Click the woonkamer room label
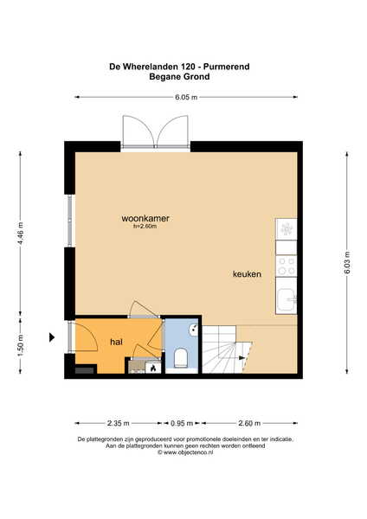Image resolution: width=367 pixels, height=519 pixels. pos(145,218)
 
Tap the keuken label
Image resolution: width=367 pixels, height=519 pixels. pos(247,273)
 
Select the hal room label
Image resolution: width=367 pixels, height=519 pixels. pos(116,342)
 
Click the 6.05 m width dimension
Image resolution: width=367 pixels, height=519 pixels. pos(186,97)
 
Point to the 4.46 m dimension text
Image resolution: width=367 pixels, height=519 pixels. pos(21,234)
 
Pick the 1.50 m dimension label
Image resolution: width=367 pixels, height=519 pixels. pos(21,345)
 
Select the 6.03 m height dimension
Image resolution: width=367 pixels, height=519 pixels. pos(347,263)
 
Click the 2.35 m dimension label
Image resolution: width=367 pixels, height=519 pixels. pos(119,423)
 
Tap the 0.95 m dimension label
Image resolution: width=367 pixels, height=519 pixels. pos(182,423)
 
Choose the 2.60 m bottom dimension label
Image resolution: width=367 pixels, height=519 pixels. pos(249,423)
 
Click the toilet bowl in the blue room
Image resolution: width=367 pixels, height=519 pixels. pos(181,357)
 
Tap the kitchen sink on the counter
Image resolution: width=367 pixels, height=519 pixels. pos(287,300)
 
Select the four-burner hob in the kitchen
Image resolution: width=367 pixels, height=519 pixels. pos(287,266)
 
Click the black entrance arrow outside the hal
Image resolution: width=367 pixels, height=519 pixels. pos(52,337)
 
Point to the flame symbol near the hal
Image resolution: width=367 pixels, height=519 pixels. pos(153,368)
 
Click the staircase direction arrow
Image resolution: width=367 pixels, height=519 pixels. pos(242,358)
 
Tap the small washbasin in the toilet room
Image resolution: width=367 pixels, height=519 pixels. pos(193,330)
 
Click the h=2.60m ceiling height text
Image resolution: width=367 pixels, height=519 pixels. pos(145,227)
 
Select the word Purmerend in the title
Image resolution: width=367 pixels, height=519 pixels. pos(227,67)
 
